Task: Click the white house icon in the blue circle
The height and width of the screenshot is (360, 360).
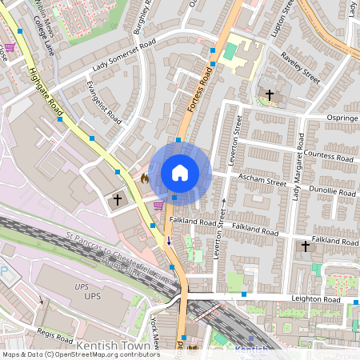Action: click(x=180, y=172)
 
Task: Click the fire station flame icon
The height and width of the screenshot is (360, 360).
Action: click(x=144, y=178)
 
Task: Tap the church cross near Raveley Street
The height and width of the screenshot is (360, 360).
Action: click(x=270, y=95)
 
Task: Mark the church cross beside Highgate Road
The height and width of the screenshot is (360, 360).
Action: click(x=118, y=198)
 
